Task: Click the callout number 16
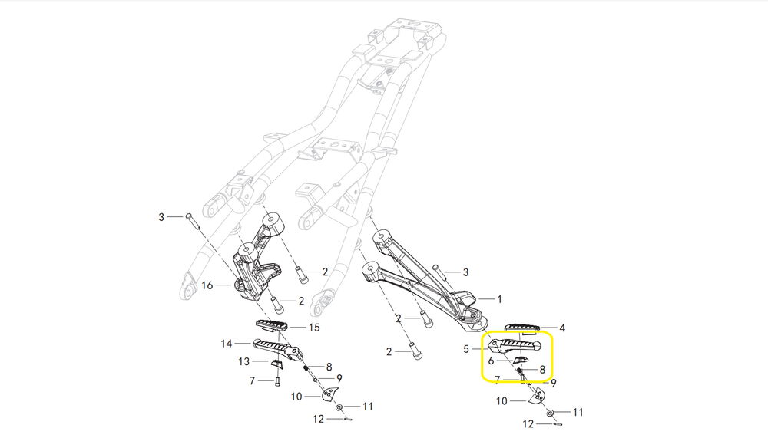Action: coord(207,285)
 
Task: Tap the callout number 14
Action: coord(226,343)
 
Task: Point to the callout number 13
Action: coord(243,361)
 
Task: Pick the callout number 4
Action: coord(562,328)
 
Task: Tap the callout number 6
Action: coord(491,359)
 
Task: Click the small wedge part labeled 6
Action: coord(520,359)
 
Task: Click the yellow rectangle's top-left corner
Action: coord(482,334)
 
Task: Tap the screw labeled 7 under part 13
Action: coord(277,379)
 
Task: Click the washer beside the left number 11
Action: coord(339,407)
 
